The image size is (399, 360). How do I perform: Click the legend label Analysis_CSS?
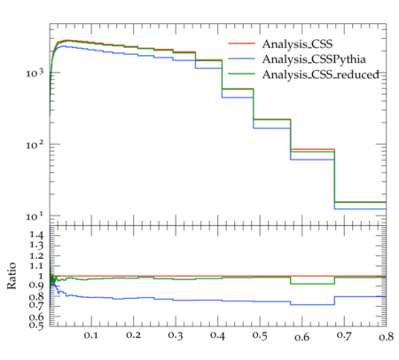(297, 44)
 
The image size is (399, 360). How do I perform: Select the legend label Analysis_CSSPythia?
(314, 59)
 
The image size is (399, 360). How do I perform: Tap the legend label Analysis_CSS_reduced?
(321, 74)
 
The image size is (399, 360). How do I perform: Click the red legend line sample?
(241, 43)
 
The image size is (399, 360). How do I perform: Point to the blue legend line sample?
(241, 59)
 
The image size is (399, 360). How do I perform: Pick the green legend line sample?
(241, 74)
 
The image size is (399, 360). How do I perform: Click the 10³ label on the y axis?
(35, 72)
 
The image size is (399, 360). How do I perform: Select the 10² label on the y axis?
(35, 145)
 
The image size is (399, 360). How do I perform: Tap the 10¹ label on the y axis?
(35, 215)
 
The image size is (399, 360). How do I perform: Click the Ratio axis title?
(12, 276)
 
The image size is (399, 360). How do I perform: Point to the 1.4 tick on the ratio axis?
(36, 236)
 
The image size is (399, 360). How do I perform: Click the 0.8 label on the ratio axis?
(36, 296)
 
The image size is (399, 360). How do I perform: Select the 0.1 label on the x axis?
(91, 335)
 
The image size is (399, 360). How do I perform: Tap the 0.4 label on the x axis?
(217, 335)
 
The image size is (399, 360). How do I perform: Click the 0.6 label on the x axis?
(302, 337)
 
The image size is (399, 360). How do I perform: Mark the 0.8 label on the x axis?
(387, 336)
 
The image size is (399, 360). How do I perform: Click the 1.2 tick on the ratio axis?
(36, 255)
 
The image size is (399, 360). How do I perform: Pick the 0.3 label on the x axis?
(176, 335)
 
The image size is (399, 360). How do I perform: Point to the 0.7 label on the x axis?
(344, 335)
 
